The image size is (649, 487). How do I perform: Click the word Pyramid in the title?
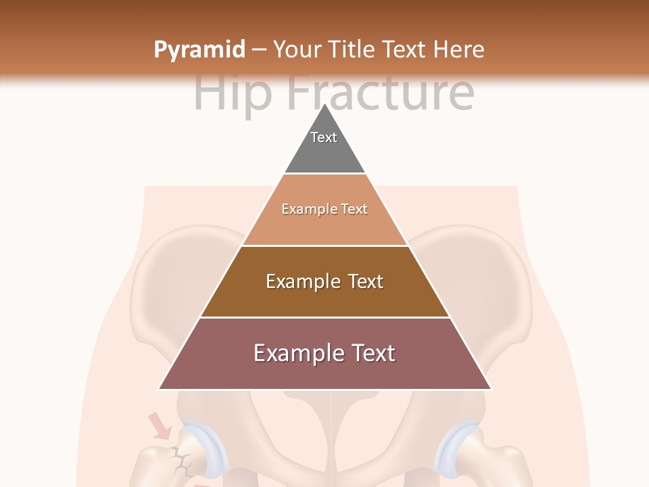pos(199,50)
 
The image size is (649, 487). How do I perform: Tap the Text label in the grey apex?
pos(324,137)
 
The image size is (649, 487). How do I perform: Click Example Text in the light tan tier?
pos(324,210)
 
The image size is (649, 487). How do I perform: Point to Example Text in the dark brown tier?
pos(324,281)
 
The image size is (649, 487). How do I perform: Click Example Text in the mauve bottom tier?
pos(324,353)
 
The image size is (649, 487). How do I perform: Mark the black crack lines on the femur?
pos(181,461)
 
